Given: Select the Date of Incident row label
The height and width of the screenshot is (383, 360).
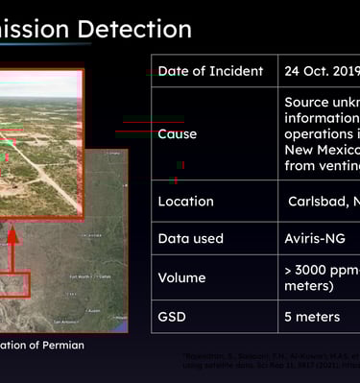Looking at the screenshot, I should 209,71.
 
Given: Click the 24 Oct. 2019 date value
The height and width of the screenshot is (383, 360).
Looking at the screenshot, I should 320,71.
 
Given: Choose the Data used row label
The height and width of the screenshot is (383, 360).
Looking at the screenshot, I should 190,238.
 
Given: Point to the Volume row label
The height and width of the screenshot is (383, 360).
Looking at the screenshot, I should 181,277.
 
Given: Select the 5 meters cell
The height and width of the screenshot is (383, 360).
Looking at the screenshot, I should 312,316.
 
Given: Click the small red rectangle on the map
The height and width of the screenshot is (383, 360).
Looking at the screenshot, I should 13,284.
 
